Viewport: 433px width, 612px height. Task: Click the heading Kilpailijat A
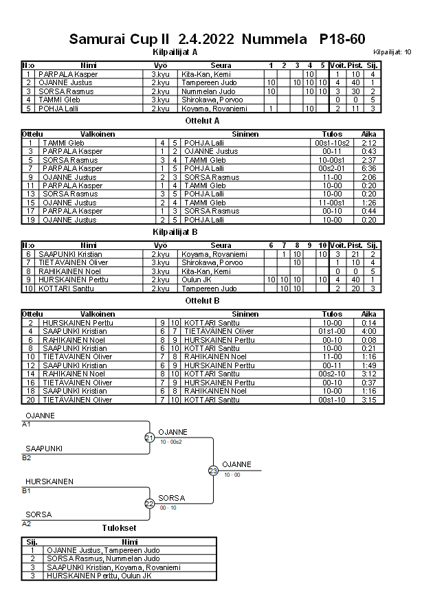(x=175, y=52)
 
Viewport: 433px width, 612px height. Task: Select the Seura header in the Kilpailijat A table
(x=221, y=65)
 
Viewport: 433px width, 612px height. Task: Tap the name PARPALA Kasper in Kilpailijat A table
(x=67, y=74)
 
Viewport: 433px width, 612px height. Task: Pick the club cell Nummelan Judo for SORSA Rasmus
(x=208, y=91)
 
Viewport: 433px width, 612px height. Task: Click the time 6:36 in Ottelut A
(x=368, y=168)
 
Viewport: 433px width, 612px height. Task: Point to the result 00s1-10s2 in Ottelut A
(x=333, y=143)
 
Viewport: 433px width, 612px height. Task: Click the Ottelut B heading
(x=202, y=300)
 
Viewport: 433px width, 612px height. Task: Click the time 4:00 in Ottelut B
(x=368, y=331)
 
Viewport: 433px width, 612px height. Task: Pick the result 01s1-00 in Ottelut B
(x=333, y=331)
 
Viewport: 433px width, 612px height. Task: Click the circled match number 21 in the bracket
(x=150, y=438)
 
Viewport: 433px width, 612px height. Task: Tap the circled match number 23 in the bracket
(x=213, y=471)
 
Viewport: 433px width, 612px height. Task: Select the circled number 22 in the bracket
(x=150, y=503)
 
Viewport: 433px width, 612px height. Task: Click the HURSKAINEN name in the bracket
(x=49, y=481)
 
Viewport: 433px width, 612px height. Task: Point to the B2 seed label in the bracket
(x=27, y=457)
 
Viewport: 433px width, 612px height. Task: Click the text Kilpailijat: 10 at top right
(x=392, y=52)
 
